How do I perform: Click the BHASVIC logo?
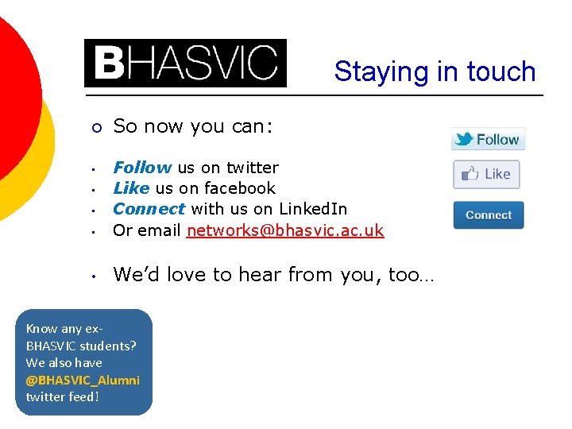click(x=185, y=63)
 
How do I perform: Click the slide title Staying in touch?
click(x=435, y=71)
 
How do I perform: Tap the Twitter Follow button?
click(x=488, y=139)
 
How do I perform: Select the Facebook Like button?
click(x=486, y=174)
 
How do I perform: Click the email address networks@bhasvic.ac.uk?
click(x=285, y=230)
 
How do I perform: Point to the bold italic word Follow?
click(x=142, y=168)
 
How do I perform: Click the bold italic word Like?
click(x=131, y=188)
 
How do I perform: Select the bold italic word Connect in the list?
click(x=149, y=209)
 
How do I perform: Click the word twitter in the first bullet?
click(x=252, y=168)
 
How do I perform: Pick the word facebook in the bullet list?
click(x=239, y=188)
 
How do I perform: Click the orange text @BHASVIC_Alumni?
click(x=83, y=380)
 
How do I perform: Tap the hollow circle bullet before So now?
click(x=95, y=127)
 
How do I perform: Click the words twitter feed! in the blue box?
click(x=63, y=396)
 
